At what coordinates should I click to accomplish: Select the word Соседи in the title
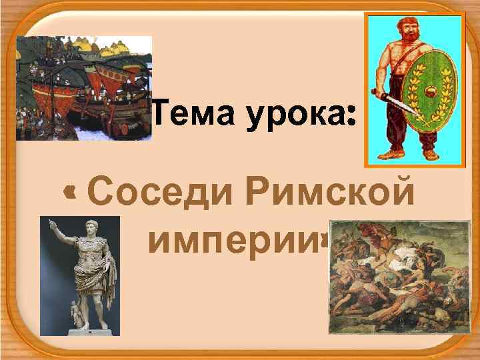click(x=160, y=193)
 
